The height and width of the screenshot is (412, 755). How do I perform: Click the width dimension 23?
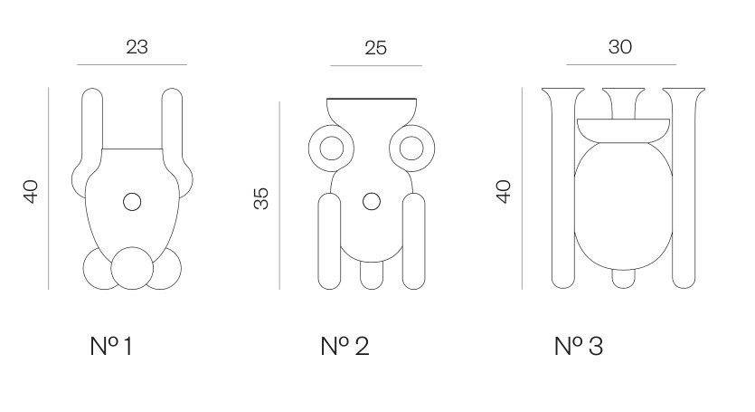pyautogui.click(x=137, y=47)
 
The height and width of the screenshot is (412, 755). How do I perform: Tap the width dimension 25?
pyautogui.click(x=375, y=48)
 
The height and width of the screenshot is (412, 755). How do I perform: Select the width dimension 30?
pyautogui.click(x=620, y=47)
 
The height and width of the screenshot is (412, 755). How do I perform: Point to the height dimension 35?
pyautogui.click(x=261, y=198)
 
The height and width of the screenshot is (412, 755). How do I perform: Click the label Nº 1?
pyautogui.click(x=111, y=346)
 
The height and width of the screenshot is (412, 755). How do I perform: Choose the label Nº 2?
pyautogui.click(x=344, y=346)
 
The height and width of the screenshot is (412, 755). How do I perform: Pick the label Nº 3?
pyautogui.click(x=579, y=346)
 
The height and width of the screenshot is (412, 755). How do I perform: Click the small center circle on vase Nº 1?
pyautogui.click(x=132, y=202)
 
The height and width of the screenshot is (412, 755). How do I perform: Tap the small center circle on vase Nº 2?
pyautogui.click(x=372, y=202)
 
